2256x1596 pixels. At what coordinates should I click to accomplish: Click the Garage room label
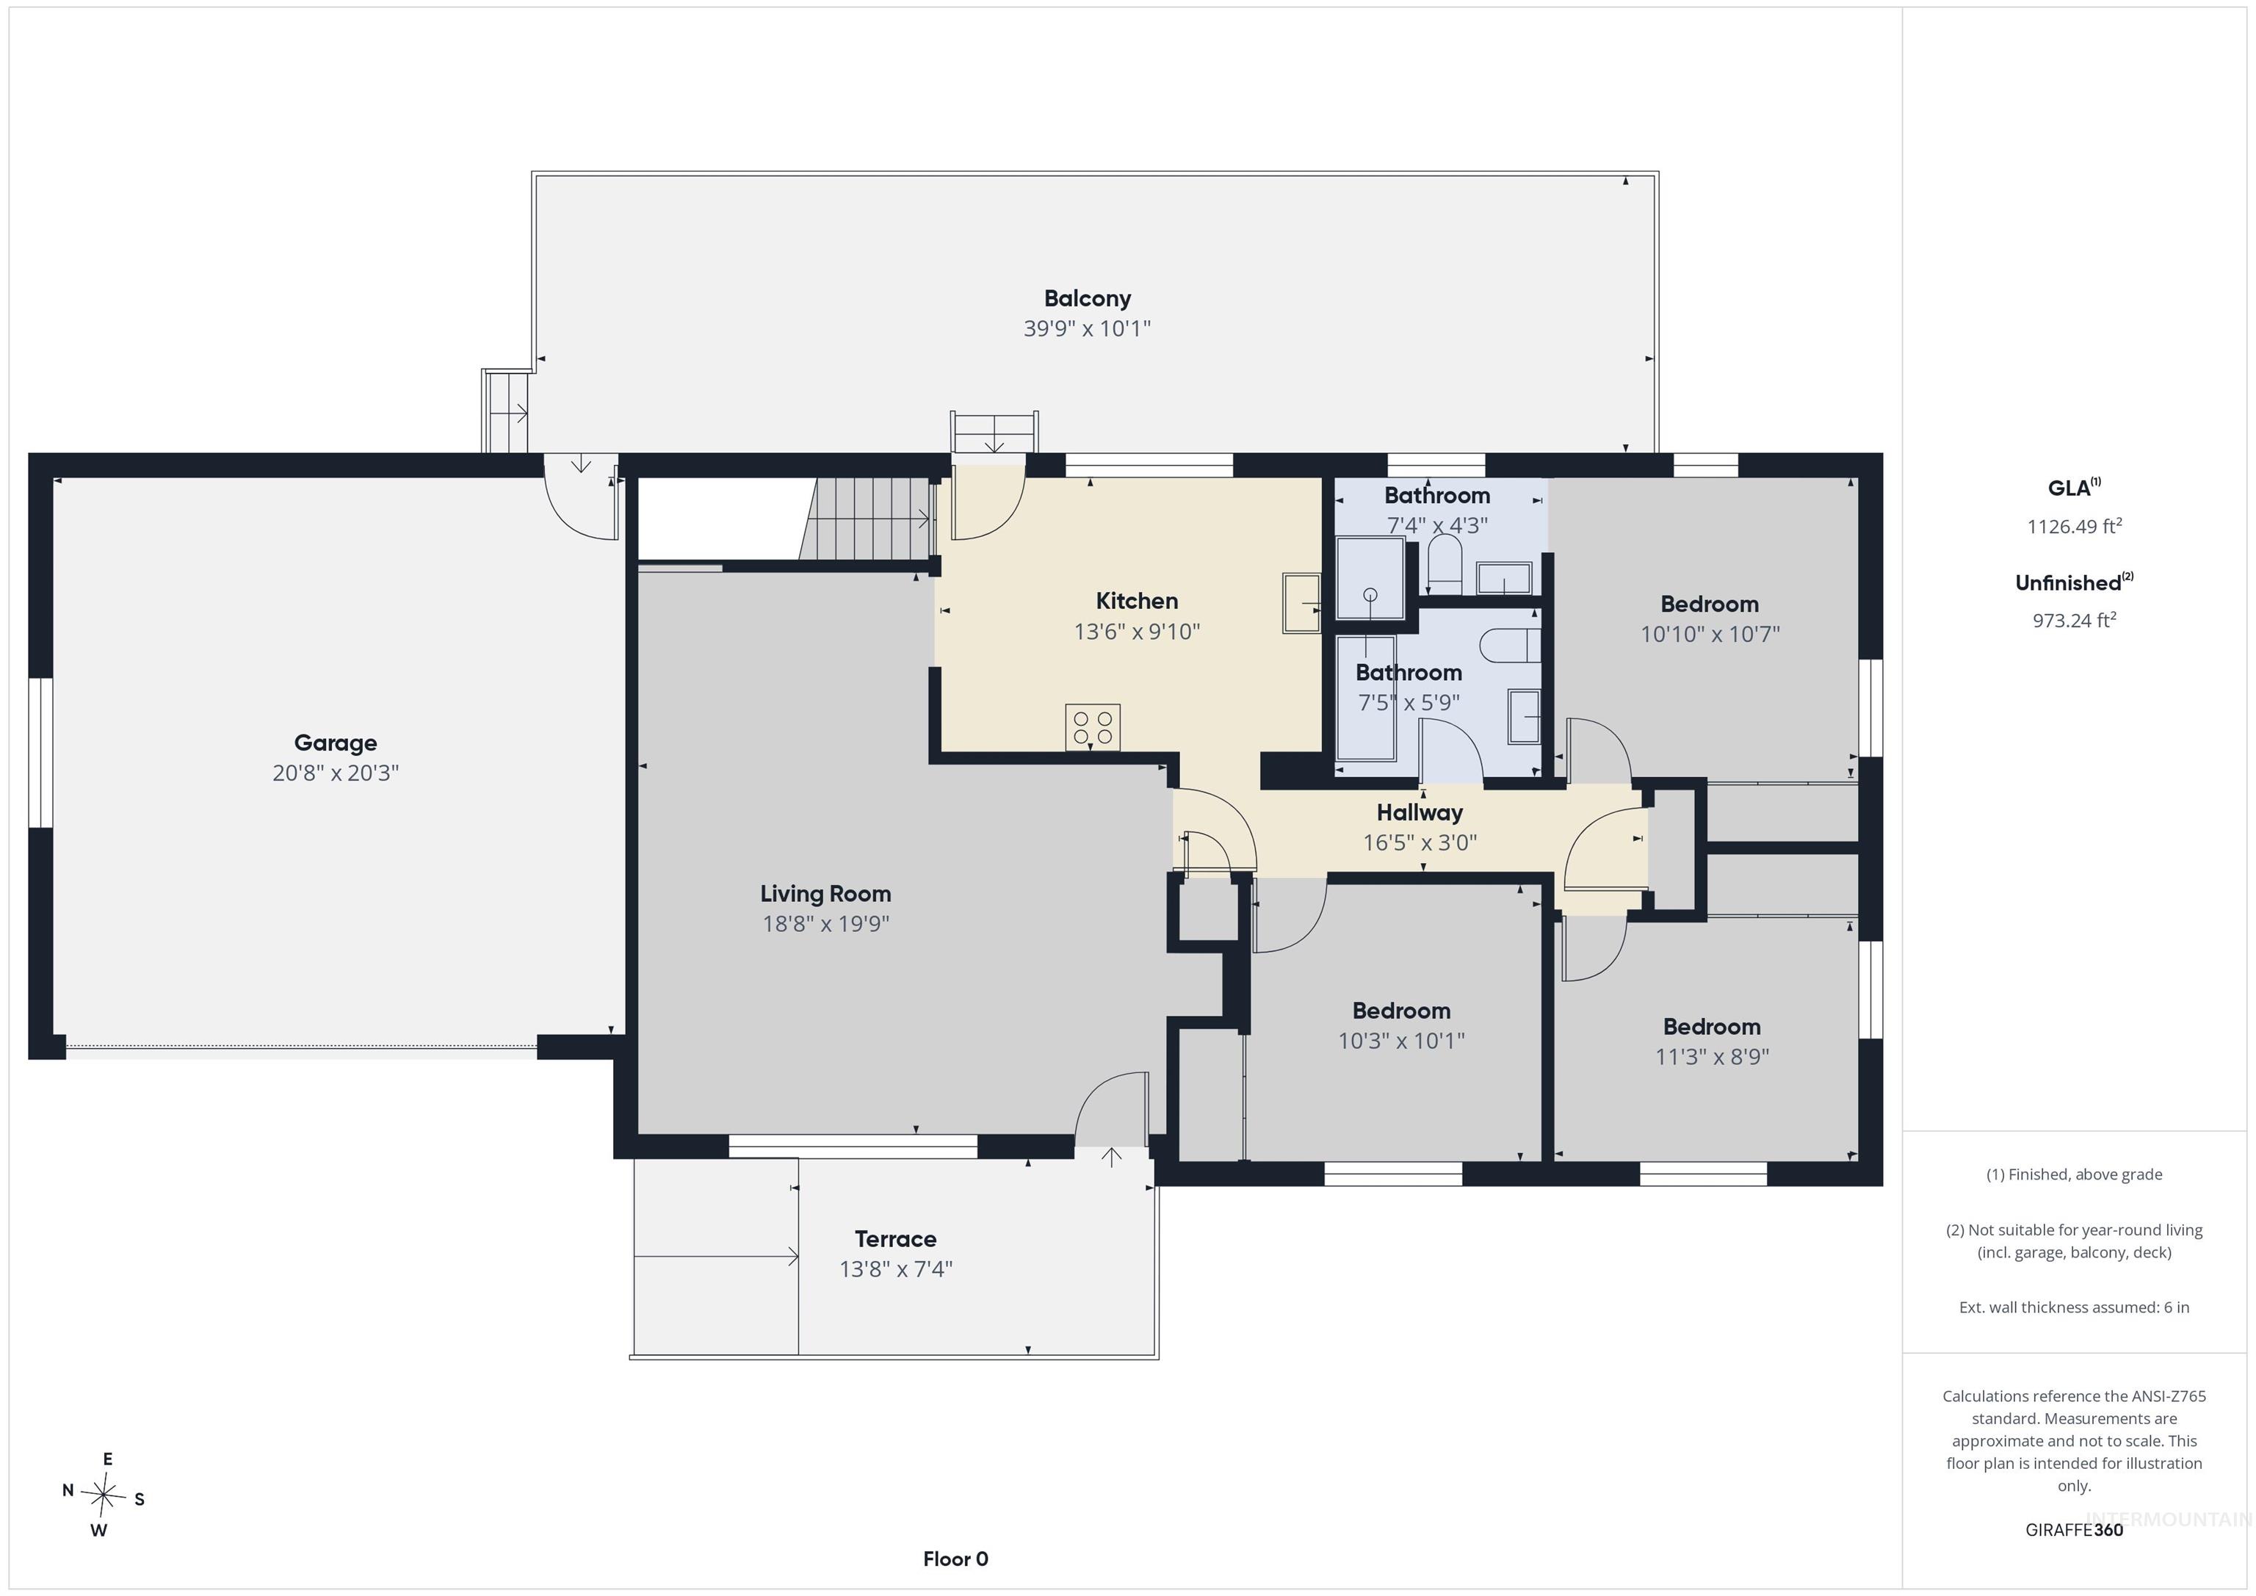335,743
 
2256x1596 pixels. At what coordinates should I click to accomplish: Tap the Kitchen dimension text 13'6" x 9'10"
1137,631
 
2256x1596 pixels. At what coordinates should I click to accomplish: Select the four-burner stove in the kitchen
1093,727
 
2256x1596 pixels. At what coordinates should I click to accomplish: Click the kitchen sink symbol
1302,602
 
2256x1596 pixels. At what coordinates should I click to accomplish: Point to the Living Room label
825,893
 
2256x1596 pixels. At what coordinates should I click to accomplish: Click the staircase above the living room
866,519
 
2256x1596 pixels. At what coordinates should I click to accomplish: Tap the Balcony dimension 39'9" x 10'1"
1087,328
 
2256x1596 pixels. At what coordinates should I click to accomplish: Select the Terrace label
895,1238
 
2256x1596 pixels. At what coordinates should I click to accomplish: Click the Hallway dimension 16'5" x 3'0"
1420,842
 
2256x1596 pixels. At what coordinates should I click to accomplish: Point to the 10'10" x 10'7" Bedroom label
1710,604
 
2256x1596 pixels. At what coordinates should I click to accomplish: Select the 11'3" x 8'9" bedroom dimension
1712,1056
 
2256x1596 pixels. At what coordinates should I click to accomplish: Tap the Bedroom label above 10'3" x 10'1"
1401,1011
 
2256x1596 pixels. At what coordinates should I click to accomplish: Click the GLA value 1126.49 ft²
2074,526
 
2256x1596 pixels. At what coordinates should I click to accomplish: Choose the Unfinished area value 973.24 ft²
2074,620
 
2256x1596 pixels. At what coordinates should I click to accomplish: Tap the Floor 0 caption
955,1559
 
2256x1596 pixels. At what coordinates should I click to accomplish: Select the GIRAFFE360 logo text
2074,1529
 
